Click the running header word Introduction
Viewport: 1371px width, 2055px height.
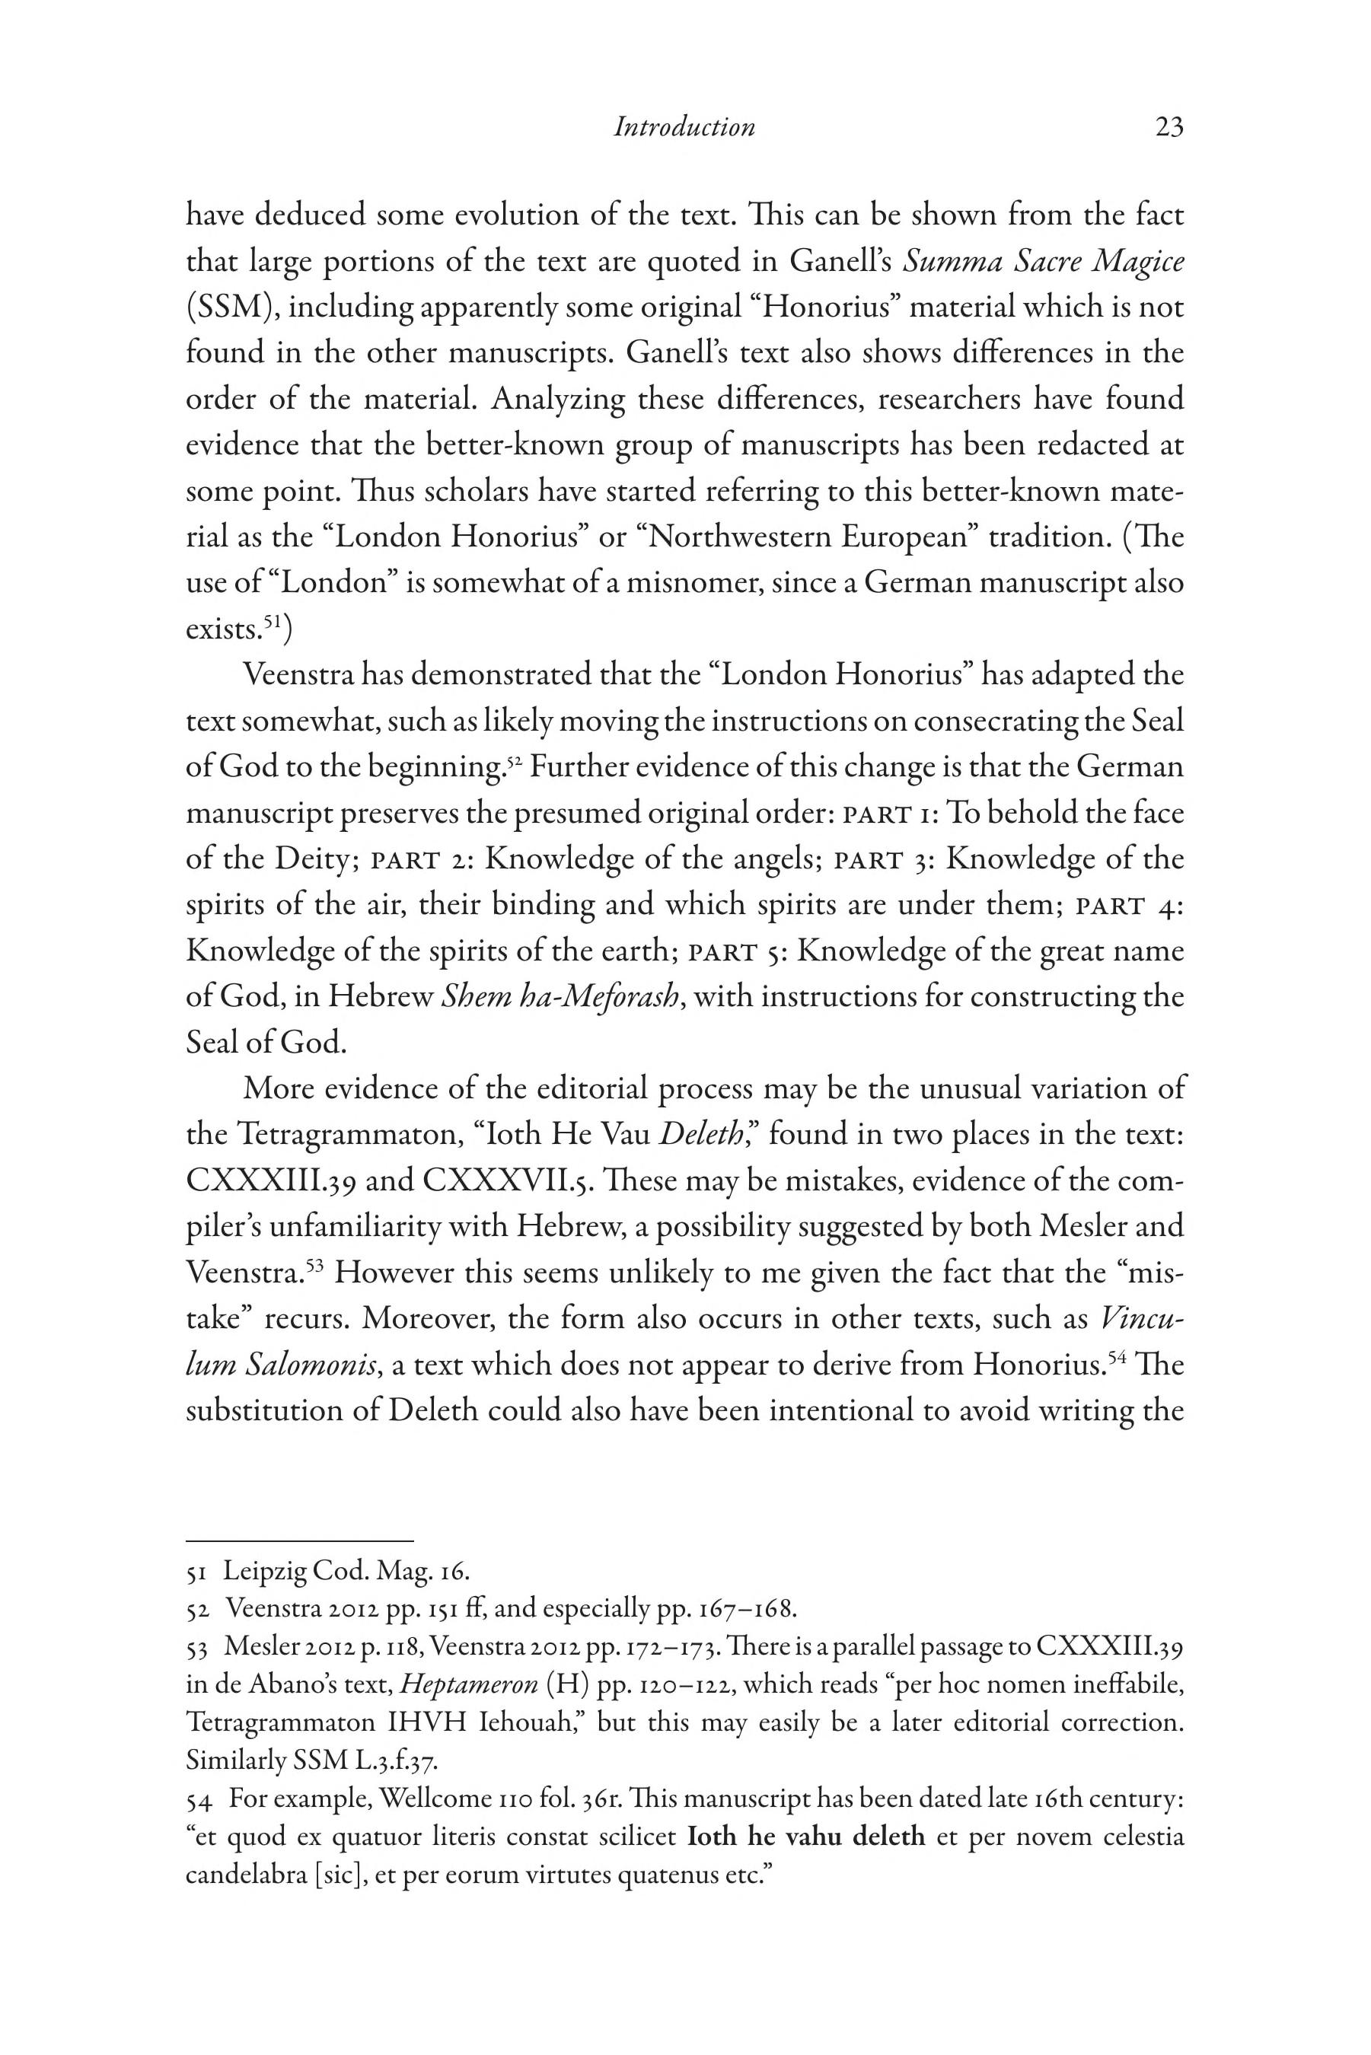click(684, 128)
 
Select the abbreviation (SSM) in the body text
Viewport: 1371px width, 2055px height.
click(229, 307)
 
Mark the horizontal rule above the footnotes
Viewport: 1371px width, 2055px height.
click(299, 1540)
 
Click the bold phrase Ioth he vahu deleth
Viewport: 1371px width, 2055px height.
click(806, 1837)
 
